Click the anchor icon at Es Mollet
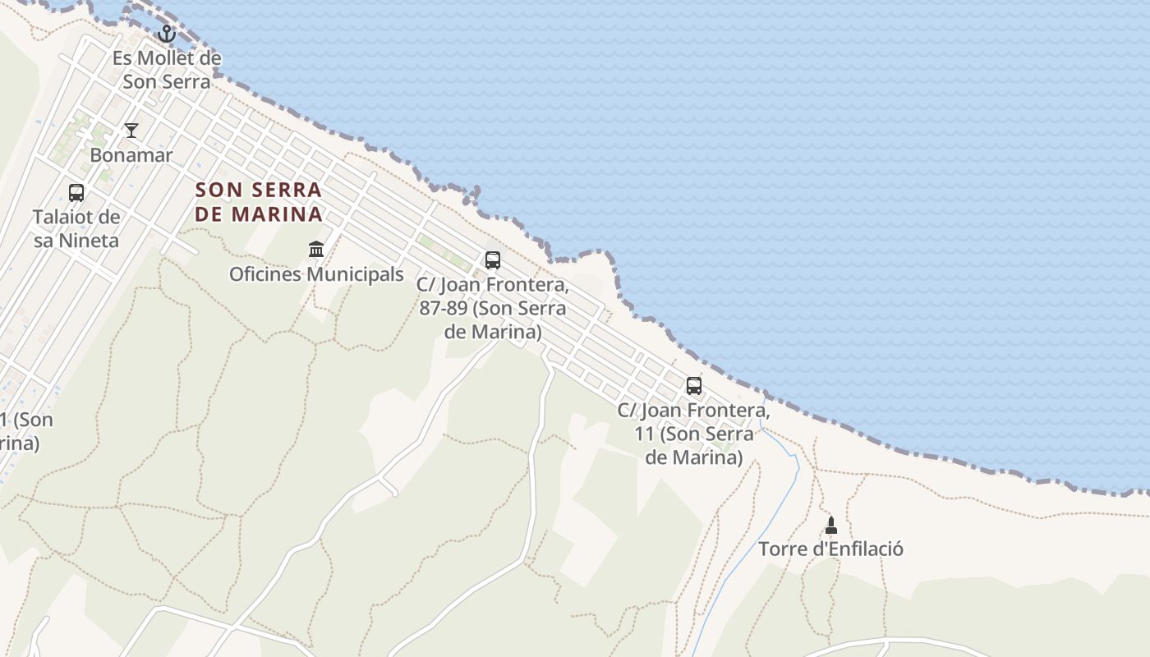(x=167, y=34)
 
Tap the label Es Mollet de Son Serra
(x=167, y=70)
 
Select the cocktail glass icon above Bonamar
(x=131, y=130)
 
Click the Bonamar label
(x=131, y=155)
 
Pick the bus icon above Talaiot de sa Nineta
(x=76, y=193)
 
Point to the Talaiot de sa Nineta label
(x=76, y=229)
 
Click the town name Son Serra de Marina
(x=259, y=202)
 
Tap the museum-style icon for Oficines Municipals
(x=316, y=249)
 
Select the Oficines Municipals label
(x=316, y=274)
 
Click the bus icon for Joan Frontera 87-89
(x=493, y=260)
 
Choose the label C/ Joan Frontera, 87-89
(x=493, y=309)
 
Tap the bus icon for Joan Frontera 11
(x=694, y=385)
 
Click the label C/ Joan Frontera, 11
(x=694, y=434)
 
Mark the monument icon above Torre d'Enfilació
(x=830, y=525)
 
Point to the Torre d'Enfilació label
(x=830, y=549)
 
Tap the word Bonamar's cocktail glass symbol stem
(x=131, y=133)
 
